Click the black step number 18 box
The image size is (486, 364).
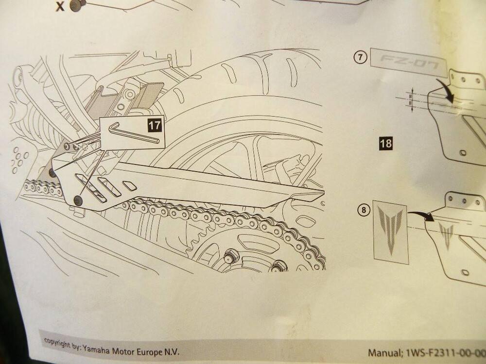pos(386,143)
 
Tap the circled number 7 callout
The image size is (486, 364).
pos(360,56)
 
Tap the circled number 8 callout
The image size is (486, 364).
pos(363,210)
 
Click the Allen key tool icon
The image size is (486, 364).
pos(133,133)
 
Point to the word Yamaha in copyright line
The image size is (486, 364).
pos(96,347)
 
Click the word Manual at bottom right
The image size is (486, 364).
pos(384,353)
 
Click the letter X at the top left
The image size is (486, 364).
pos(61,7)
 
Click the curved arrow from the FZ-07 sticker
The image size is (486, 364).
pos(447,90)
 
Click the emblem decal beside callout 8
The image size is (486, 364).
pos(390,231)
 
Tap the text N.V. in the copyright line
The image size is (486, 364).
pos(169,352)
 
